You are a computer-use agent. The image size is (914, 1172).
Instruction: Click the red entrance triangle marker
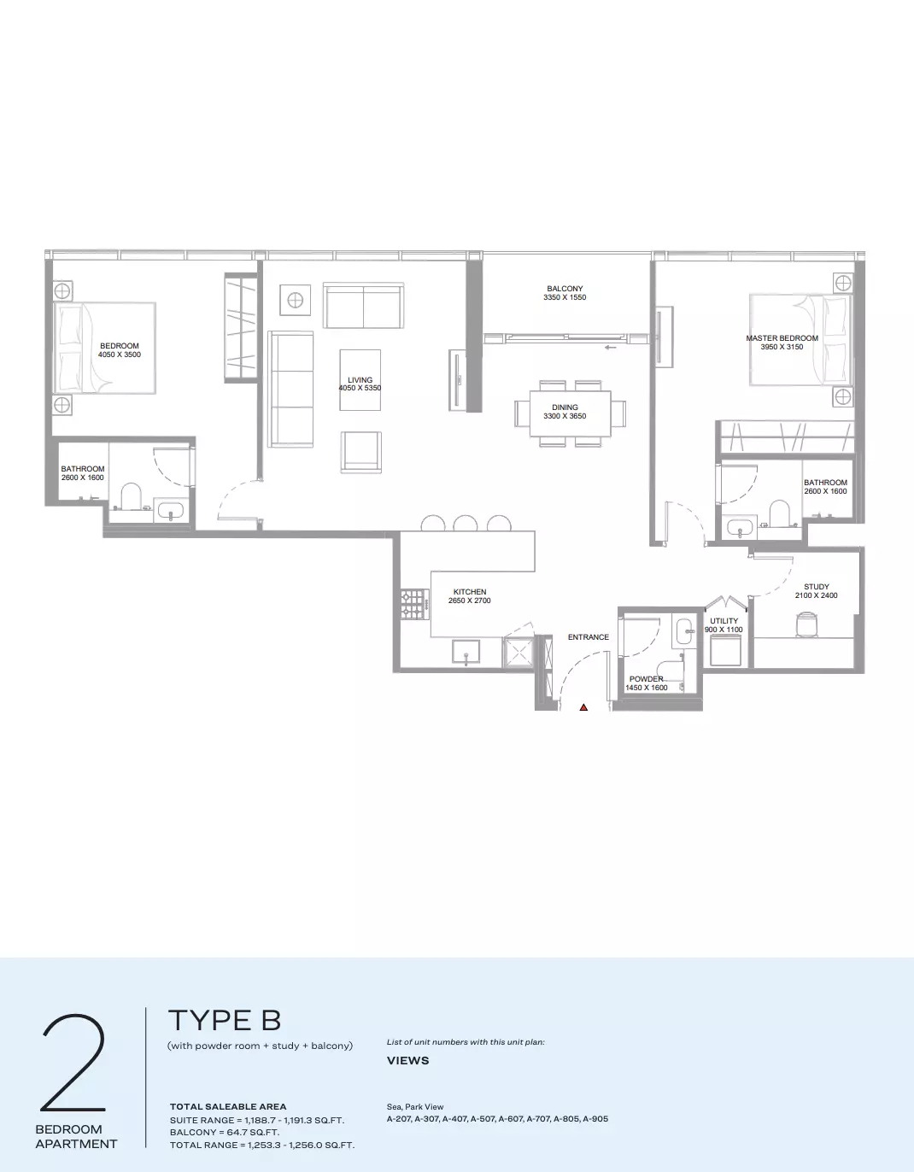click(583, 707)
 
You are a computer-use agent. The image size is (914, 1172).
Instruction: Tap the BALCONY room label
click(565, 289)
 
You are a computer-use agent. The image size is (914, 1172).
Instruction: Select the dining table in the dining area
click(571, 413)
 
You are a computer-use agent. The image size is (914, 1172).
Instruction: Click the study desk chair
click(806, 624)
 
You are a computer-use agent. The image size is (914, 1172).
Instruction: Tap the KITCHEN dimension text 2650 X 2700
click(469, 601)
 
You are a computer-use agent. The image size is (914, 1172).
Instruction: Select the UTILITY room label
click(724, 621)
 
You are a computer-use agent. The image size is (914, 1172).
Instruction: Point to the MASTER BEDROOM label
click(782, 338)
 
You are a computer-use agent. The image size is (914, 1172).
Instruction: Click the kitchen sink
click(466, 653)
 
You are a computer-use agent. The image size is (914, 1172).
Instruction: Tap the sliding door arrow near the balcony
click(610, 348)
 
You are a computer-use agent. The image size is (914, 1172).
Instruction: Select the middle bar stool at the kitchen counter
click(466, 523)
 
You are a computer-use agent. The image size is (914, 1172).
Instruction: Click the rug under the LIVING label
click(360, 379)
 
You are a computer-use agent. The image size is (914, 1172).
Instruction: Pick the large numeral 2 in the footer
click(73, 1062)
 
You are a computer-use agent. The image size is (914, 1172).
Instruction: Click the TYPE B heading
click(225, 1020)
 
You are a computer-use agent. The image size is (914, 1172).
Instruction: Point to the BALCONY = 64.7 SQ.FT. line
click(224, 1132)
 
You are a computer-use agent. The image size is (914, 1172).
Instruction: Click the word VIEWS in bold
click(407, 1060)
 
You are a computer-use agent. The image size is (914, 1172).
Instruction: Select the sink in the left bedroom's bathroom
click(169, 510)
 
